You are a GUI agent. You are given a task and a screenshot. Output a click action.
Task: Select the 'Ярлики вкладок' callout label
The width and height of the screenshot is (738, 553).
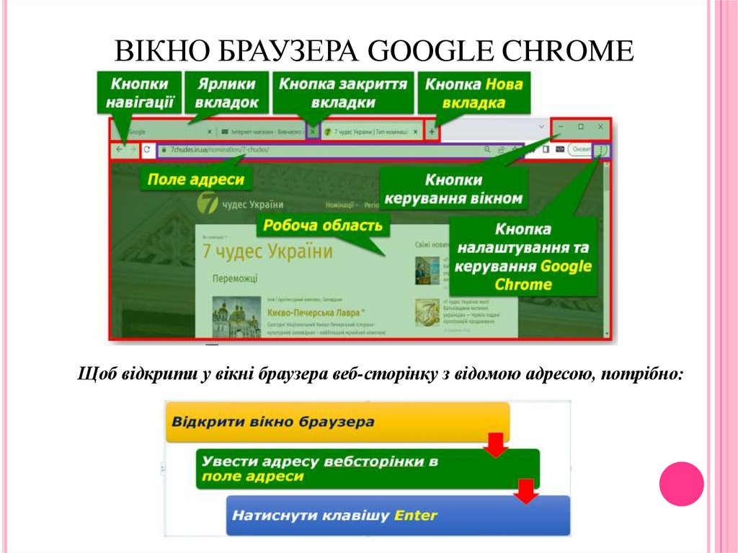[226, 92]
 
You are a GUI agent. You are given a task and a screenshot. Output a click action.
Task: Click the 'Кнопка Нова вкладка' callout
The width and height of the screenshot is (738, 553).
[474, 92]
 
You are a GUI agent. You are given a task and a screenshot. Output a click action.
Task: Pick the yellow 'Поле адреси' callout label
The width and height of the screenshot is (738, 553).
[195, 179]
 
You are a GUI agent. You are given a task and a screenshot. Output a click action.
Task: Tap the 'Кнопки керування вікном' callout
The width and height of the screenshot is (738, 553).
[453, 188]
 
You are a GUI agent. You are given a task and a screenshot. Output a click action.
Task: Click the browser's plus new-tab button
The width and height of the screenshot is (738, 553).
[432, 132]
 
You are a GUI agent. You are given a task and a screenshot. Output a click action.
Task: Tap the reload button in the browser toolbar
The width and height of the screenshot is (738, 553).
[146, 150]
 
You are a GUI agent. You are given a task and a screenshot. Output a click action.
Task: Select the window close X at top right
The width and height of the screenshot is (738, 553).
[600, 127]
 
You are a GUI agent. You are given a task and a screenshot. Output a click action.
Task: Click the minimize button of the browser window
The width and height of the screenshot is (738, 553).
[561, 127]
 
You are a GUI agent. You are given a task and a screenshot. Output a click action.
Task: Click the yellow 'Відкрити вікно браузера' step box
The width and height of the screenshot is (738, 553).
[337, 422]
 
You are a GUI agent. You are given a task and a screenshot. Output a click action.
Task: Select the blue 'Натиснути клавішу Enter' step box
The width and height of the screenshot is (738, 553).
[398, 515]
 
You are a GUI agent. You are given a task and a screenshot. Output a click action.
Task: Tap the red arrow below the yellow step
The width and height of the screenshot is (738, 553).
[495, 446]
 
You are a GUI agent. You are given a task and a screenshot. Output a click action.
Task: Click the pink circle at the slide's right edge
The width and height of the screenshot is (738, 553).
[681, 483]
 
